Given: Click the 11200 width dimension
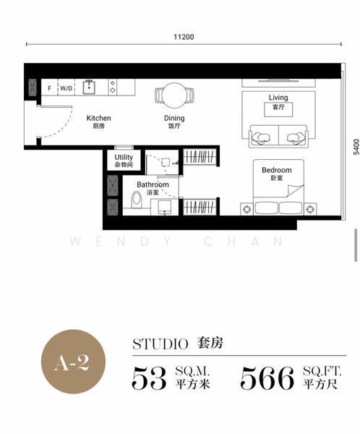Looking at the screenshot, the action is click(184, 37).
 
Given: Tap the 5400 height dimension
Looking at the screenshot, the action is click(356, 147).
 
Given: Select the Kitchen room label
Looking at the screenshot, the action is click(99, 118).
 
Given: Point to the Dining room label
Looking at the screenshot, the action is click(174, 118).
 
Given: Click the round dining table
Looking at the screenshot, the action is click(174, 95).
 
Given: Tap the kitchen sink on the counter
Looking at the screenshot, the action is click(89, 87).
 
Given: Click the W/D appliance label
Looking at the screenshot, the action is click(66, 88).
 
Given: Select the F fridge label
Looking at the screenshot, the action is click(50, 88).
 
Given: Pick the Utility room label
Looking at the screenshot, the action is click(124, 157).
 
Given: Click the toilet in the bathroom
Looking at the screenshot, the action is click(137, 200).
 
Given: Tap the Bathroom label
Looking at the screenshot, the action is click(153, 184).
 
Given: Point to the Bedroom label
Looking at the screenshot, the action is click(277, 170).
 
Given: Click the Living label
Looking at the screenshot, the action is click(278, 98).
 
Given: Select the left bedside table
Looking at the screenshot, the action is click(247, 209).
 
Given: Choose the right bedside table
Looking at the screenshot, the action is click(310, 209).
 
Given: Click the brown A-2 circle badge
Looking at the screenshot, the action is click(73, 362).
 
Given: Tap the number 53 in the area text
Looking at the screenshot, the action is click(149, 378).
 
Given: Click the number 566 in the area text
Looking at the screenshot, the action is click(267, 378).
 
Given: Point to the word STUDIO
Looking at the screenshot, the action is click(160, 344).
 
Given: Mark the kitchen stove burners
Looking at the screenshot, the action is click(113, 87).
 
